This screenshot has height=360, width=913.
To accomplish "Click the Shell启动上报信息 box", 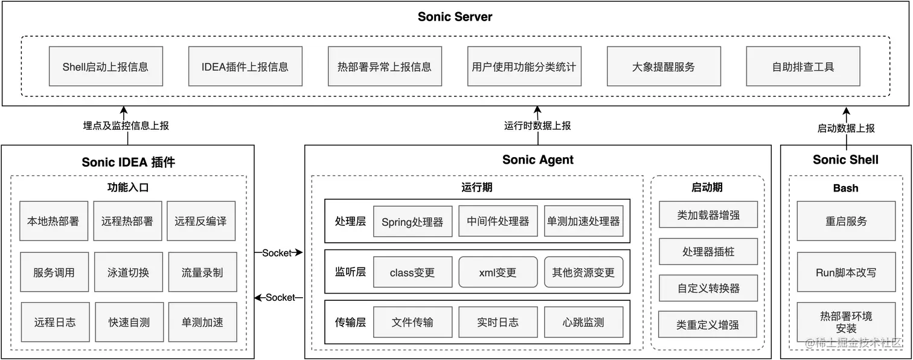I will pos(106,66).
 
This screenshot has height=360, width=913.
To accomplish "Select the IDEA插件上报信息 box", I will pos(245,66).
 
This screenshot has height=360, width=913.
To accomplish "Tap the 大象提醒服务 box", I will pos(664,66).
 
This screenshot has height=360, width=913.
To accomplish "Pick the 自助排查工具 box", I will pos(803,66).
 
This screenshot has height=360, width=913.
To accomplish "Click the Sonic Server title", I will pos(455,17).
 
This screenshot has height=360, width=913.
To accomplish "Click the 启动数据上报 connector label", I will pos(845,128).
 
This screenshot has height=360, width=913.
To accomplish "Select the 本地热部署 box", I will pos(53,221).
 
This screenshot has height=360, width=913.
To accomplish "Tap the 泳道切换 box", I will pos(128,272).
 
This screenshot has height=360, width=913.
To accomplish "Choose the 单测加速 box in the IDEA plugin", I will pos(202,322).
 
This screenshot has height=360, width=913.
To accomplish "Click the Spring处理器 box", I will pos(412,222).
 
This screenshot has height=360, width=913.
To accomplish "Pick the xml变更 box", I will pos(498,272).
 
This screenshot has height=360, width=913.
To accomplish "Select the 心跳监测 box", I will pos(583,322).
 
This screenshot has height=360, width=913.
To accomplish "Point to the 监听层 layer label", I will pos(350,272).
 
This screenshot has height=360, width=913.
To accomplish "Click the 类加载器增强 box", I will pos(708,214).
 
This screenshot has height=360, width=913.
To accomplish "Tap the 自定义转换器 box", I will pos(708,288).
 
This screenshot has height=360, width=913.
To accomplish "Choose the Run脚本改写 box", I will pos(845,272).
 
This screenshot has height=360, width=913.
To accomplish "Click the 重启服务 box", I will pos(845,221).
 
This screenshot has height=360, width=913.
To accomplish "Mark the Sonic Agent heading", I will pos(537,160).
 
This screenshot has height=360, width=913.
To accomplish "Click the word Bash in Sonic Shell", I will pos(845,188).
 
